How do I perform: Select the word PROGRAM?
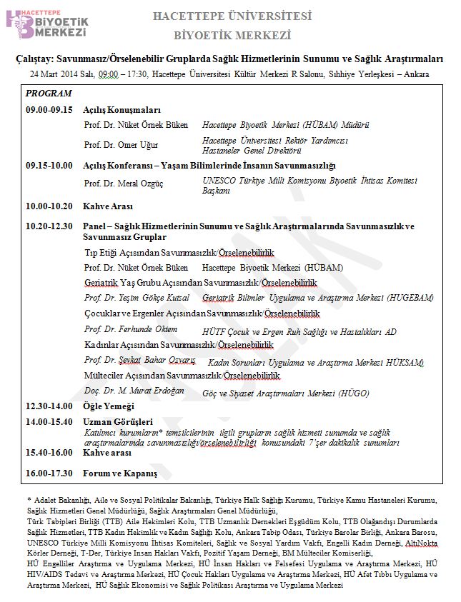(x=48, y=94)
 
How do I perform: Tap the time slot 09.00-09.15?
(x=49, y=110)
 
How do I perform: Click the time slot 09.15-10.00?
(x=49, y=166)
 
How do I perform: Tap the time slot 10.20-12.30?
(x=49, y=226)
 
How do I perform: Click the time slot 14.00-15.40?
(x=49, y=421)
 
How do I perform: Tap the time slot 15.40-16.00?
(x=49, y=453)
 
